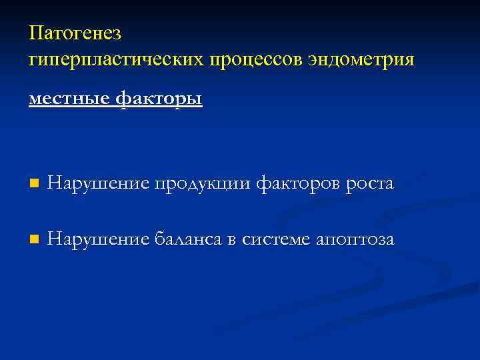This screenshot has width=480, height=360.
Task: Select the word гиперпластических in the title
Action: [x=116, y=60]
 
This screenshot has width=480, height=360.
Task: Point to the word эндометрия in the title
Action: [x=361, y=59]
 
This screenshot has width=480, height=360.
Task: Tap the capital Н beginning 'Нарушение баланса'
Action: [x=54, y=239]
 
